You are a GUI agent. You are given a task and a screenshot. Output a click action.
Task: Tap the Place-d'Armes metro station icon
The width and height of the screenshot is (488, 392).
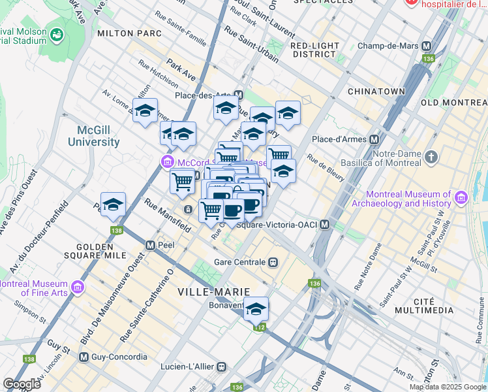pos(374,139)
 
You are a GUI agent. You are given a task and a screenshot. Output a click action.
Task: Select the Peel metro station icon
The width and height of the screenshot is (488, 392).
pos(151,245)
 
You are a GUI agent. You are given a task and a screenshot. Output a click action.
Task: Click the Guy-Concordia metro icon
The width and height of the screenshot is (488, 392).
pos(84,357)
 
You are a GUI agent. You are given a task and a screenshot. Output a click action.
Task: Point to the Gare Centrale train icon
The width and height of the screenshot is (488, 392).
pos(273,262)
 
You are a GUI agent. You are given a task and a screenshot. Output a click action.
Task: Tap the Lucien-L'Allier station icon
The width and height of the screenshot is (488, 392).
pos(222,367)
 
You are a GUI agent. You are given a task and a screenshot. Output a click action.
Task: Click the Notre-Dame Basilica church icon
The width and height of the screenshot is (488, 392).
pos(431,157)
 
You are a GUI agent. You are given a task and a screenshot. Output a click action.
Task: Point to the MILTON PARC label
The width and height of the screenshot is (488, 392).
pos(124,33)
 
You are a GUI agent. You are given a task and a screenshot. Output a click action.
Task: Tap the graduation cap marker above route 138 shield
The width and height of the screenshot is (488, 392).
pos(113,204)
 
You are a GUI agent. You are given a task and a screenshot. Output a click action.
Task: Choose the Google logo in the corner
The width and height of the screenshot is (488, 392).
pos(22,384)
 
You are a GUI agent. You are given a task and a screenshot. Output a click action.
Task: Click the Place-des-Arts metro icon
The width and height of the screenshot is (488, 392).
pos(239,94)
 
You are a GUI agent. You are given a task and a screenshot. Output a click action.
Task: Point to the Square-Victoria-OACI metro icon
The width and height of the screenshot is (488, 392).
pos(324,225)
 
